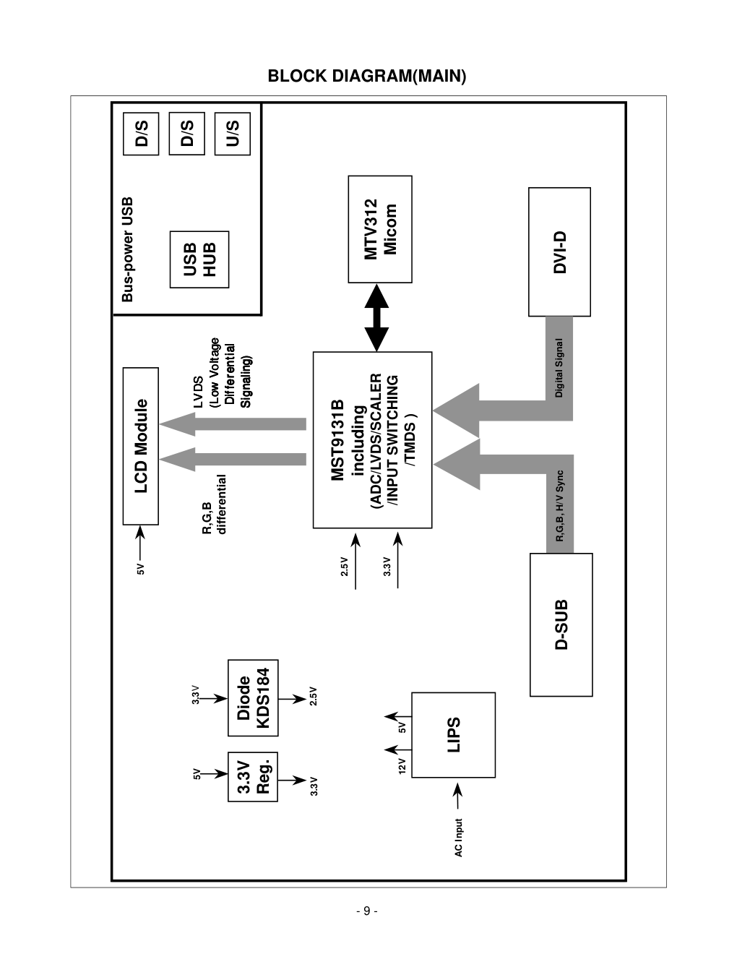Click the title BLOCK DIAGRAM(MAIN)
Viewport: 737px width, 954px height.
point(367,76)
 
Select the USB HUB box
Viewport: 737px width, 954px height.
point(199,259)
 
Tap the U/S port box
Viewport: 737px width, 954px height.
point(233,134)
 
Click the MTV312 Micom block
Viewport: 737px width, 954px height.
point(380,229)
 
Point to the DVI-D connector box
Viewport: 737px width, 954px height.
point(560,252)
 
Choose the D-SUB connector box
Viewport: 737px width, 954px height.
point(561,624)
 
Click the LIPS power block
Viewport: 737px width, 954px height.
point(454,735)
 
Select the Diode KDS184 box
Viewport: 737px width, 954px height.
point(253,697)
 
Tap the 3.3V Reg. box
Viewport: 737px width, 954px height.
point(253,777)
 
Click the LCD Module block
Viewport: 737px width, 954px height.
point(141,446)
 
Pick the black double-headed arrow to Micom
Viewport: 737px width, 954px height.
point(376,318)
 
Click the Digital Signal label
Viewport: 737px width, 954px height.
point(559,368)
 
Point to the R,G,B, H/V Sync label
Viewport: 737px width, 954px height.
point(560,506)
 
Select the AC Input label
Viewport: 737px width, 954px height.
point(458,838)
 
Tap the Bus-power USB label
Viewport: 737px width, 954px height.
point(127,249)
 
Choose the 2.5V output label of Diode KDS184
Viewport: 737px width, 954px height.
point(314,696)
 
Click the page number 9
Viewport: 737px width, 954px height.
point(367,911)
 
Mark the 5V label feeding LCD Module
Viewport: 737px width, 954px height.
point(140,570)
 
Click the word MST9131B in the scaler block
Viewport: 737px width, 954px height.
point(337,440)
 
